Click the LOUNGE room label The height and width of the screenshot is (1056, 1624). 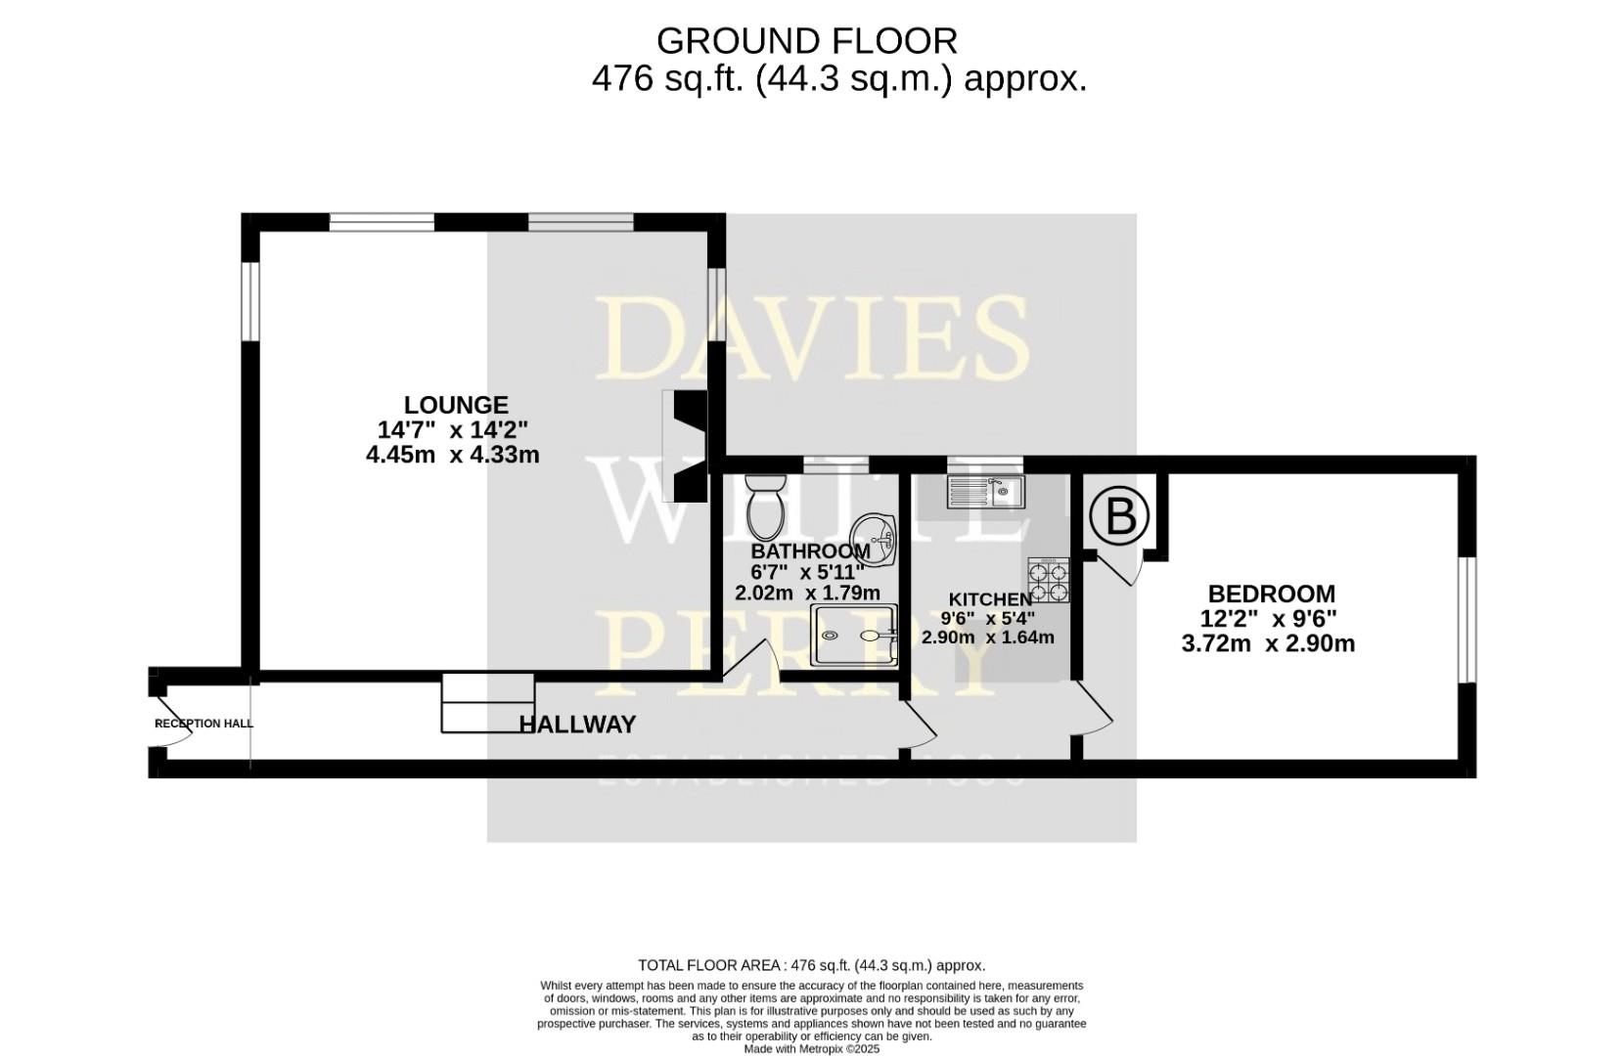point(456,405)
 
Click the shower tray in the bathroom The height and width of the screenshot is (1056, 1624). point(854,636)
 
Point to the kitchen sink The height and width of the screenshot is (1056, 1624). point(984,491)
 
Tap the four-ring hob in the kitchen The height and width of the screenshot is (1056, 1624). point(1048,579)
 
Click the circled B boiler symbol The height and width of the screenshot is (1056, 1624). point(1119,515)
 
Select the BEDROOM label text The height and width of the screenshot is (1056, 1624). point(1271,594)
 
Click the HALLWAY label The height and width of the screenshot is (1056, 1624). point(577,725)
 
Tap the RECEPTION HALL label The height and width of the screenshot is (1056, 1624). point(204,724)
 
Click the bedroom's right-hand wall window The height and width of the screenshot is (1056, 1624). point(1466,619)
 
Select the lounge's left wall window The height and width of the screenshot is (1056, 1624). point(250,300)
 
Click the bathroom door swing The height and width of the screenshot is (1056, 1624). point(755,661)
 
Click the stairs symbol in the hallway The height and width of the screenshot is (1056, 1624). point(487,702)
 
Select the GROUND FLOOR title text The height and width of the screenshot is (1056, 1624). point(806,41)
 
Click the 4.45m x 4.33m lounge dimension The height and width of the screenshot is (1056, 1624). point(452,455)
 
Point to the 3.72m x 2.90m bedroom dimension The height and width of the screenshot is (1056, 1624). point(1268,643)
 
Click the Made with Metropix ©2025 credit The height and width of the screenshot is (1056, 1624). point(811,1049)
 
